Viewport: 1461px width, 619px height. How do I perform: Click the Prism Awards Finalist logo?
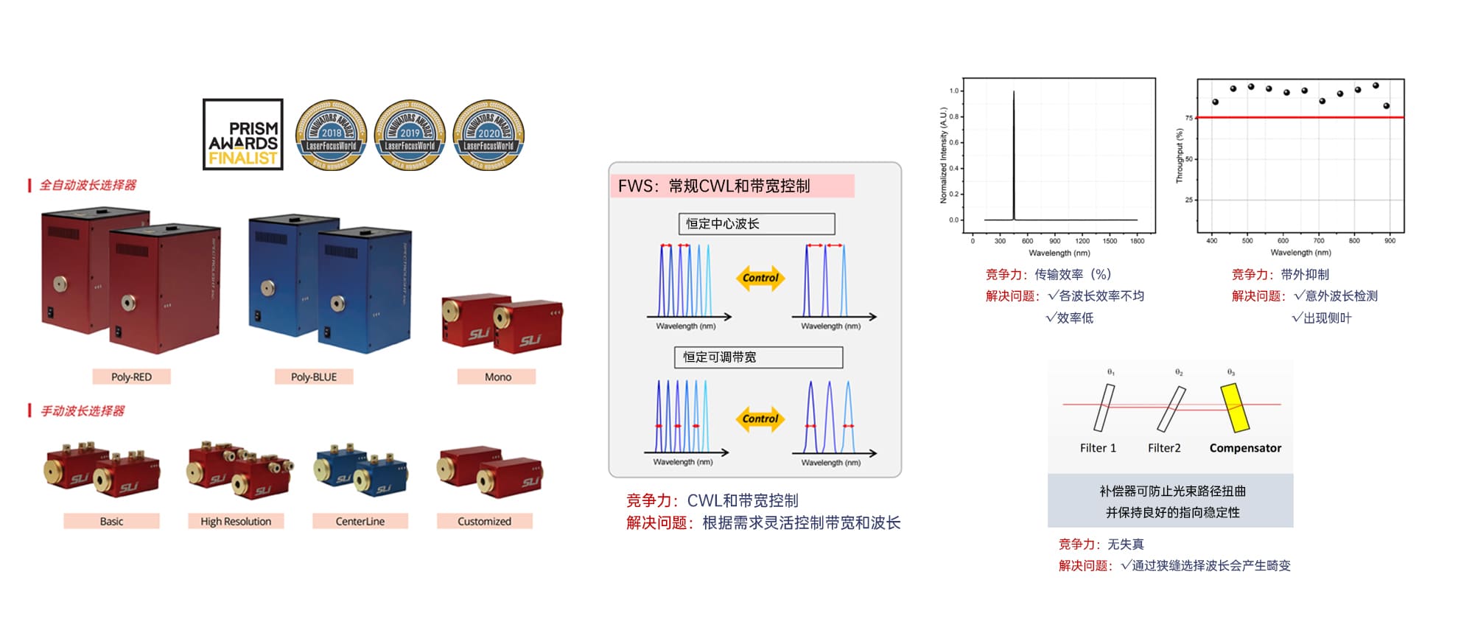point(243,135)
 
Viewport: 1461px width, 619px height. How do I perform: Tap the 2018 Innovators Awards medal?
point(331,135)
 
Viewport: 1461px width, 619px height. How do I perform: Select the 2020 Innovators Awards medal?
point(488,135)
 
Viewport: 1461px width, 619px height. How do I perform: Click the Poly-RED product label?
point(131,377)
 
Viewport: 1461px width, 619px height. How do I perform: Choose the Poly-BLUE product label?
point(313,377)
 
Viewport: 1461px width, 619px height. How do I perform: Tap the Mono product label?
point(497,377)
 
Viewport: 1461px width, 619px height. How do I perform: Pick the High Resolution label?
point(236,521)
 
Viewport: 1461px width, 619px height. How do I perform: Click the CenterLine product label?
point(360,521)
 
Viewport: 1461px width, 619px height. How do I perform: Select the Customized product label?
point(484,521)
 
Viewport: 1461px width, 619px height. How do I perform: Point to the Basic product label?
point(111,521)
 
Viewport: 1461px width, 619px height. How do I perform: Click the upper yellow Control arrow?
point(760,278)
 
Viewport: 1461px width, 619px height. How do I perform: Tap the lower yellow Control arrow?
point(760,419)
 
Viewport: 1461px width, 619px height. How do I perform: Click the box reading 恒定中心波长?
point(756,223)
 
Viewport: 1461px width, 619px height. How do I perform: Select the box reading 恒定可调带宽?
point(758,357)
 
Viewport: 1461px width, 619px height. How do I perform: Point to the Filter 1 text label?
point(1098,448)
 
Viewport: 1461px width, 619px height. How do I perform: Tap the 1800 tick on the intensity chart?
point(1137,241)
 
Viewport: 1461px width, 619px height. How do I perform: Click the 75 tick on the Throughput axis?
point(1188,118)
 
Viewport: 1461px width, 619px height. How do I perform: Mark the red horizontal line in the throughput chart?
point(1300,117)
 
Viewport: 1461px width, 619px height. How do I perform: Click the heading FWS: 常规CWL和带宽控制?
point(714,186)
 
